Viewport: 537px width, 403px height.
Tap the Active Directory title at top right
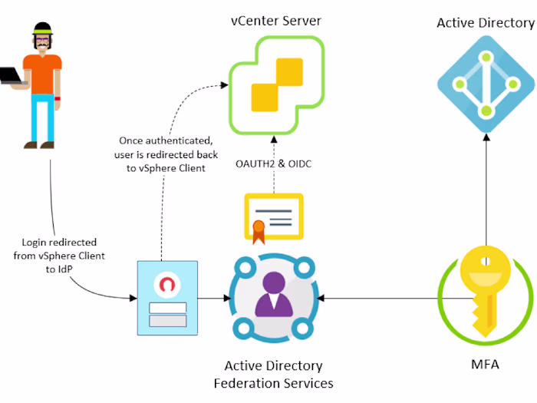point(485,22)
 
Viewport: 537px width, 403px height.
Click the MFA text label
point(484,364)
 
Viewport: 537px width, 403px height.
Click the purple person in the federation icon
point(273,295)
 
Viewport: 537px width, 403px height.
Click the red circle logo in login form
point(166,284)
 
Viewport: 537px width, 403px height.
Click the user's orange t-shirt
point(41,73)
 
